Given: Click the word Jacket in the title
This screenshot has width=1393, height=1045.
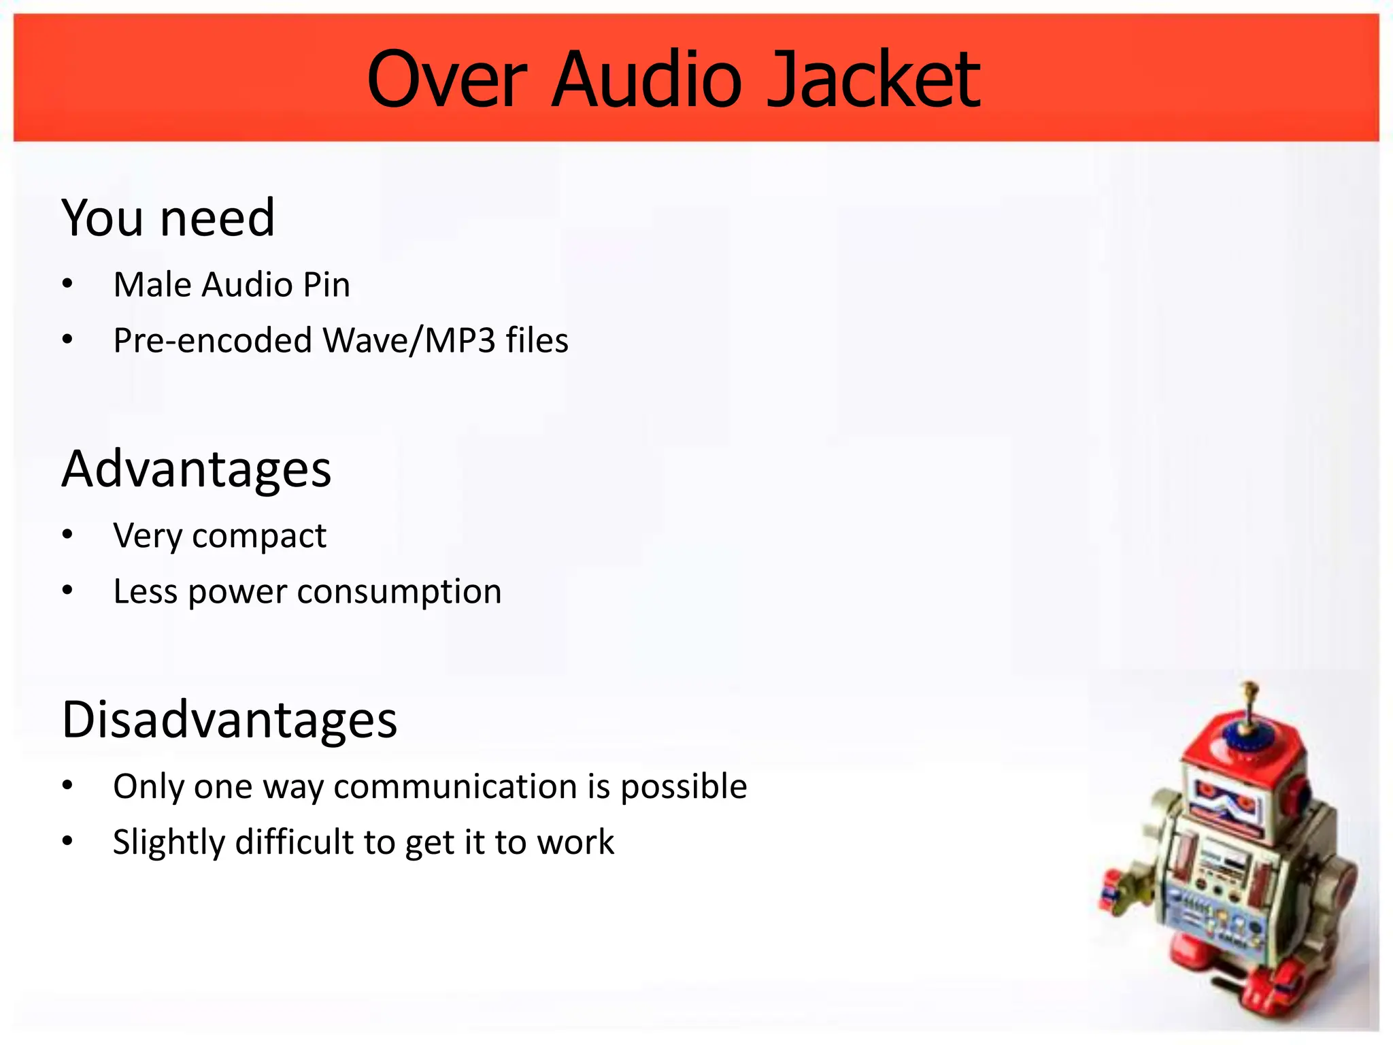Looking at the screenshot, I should [873, 80].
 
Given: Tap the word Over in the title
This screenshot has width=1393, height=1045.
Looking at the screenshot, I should [447, 80].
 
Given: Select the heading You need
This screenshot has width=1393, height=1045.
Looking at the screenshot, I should [168, 218].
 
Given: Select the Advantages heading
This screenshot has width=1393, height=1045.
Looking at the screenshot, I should [196, 469].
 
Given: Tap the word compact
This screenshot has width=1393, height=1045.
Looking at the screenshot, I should [259, 536].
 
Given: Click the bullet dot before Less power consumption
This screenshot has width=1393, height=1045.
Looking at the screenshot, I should [67, 591].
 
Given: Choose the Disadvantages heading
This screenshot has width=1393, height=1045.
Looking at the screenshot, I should [229, 720].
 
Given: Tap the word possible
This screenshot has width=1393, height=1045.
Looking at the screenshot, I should [684, 786].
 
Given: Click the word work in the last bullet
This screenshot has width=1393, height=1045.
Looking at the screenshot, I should [575, 842].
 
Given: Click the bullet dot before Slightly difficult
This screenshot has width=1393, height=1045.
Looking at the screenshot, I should [67, 842].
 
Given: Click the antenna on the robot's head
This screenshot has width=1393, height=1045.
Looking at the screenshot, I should [1249, 708].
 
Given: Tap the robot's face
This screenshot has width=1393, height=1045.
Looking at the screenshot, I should [1224, 803].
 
